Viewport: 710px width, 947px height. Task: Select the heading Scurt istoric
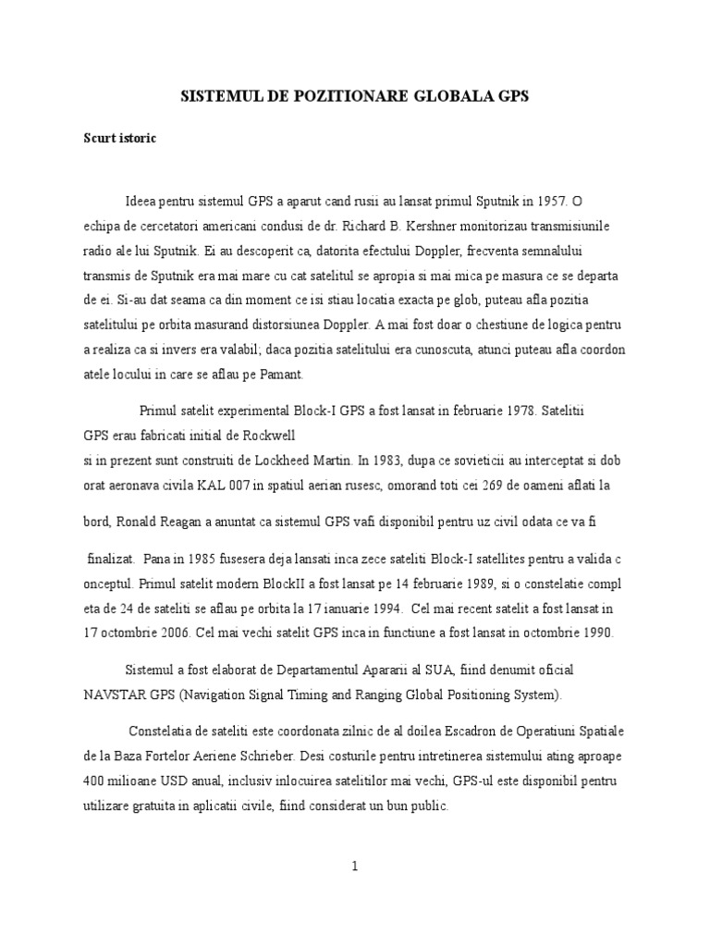(120, 139)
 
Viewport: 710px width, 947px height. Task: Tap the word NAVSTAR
(115, 695)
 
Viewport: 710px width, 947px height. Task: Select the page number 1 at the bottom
(353, 867)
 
